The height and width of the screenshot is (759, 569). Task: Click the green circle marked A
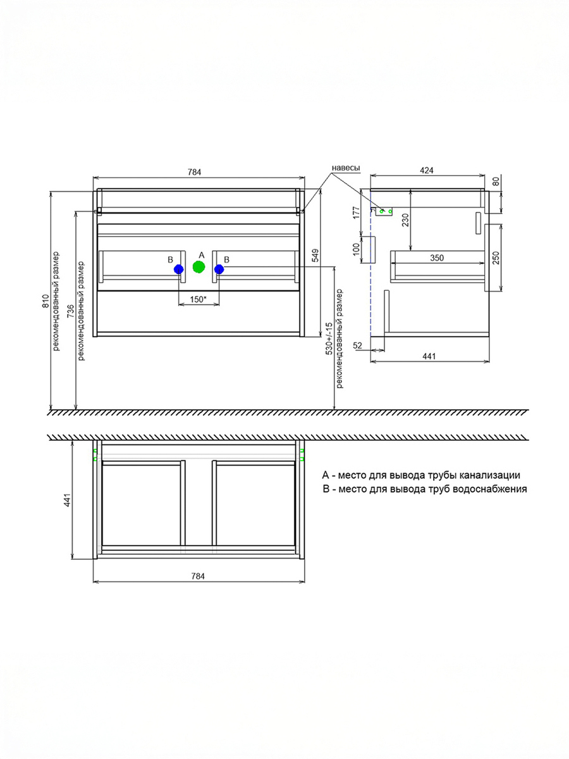click(199, 267)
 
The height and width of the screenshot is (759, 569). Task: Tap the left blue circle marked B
click(179, 269)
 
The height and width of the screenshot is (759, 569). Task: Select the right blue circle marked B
click(219, 269)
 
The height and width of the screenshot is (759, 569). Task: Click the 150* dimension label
click(197, 299)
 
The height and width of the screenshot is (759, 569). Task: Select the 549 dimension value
click(315, 255)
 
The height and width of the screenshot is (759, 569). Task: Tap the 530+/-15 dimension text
click(329, 339)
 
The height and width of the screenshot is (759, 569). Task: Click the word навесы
click(346, 168)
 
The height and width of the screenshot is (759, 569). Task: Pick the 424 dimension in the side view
click(427, 171)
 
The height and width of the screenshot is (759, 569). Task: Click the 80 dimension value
click(496, 182)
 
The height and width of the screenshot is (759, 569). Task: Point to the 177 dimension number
click(357, 212)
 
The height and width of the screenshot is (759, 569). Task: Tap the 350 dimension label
click(437, 258)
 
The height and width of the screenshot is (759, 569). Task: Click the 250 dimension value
click(496, 258)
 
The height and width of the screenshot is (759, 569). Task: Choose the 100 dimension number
click(357, 249)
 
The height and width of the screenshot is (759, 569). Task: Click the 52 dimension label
click(358, 345)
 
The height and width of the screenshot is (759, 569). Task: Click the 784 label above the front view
click(194, 172)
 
